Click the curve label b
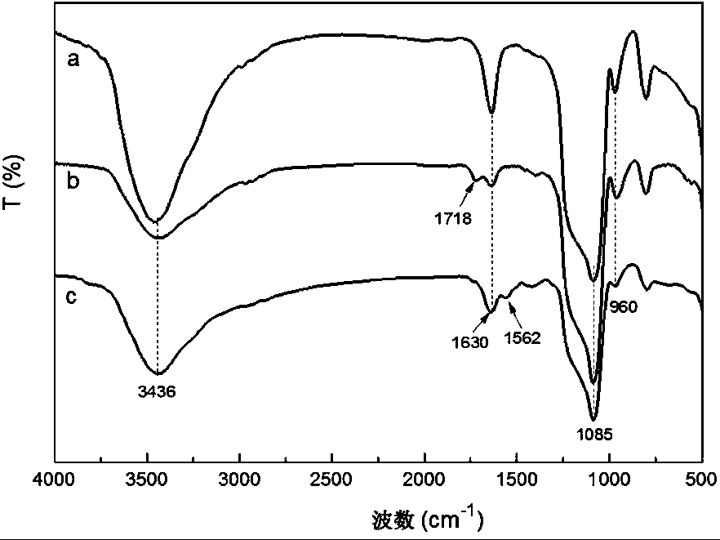pos(73,181)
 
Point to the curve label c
pos(72,296)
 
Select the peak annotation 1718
pos(454,217)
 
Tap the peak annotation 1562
pos(522,336)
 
